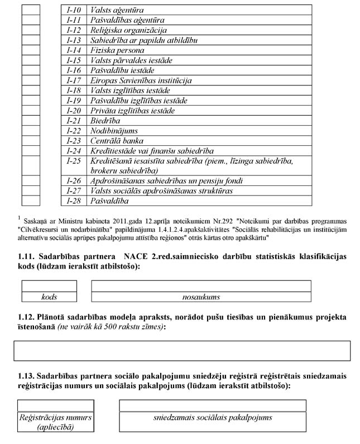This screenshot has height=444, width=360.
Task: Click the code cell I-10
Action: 74,11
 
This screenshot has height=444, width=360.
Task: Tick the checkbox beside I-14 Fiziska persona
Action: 31,51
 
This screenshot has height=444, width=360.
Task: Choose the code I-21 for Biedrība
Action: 74,121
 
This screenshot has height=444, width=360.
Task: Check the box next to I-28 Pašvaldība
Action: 31,201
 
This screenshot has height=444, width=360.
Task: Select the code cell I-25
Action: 74,161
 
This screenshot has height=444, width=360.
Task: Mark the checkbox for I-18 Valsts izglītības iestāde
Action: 31,91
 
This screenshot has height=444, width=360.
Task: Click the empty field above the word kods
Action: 49,286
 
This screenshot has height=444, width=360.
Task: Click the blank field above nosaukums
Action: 201,286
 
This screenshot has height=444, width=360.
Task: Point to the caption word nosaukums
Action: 201,297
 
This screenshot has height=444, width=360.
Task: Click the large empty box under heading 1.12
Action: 182,351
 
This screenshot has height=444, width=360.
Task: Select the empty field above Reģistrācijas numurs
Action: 56,405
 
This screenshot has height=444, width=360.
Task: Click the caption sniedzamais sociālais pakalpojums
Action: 213,418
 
